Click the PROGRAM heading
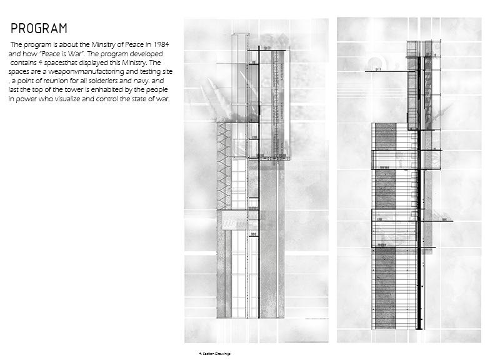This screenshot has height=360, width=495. tap(39, 29)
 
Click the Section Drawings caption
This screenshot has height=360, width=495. tap(215, 354)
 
